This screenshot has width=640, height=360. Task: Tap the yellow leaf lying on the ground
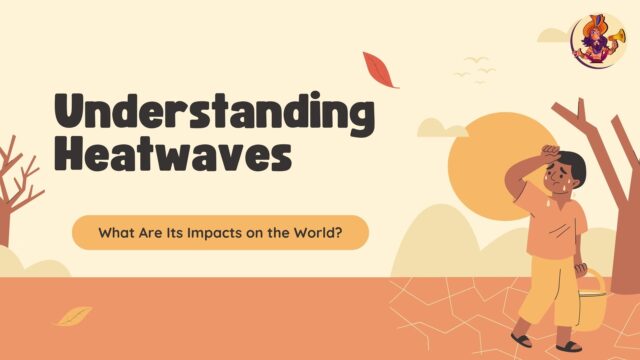72,316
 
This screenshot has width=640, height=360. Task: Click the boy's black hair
573,163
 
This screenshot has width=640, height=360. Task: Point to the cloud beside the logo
553,36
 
